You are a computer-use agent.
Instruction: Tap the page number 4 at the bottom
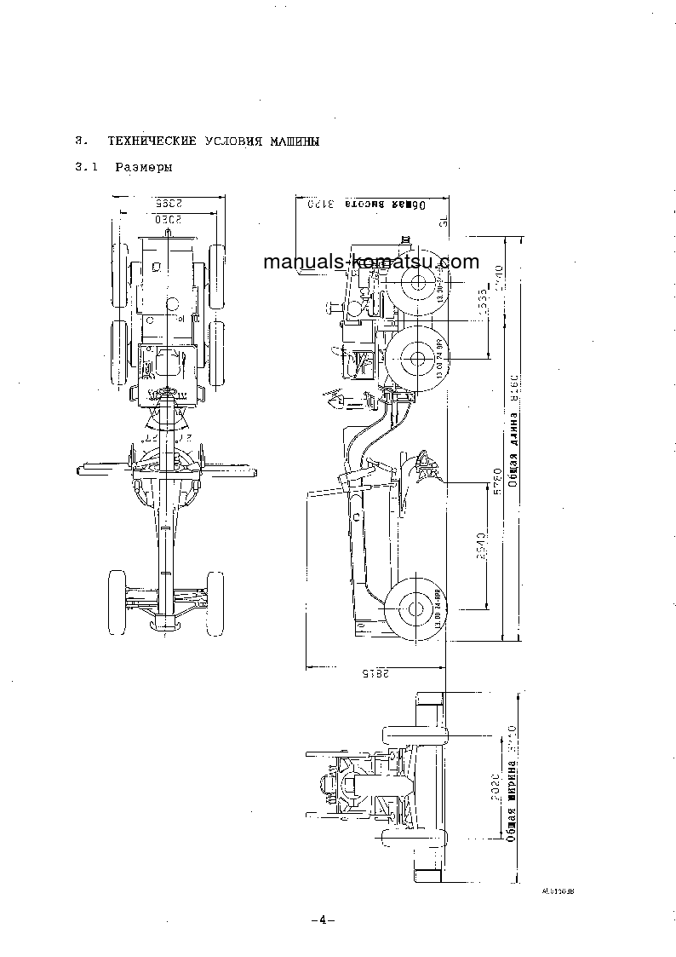(x=323, y=920)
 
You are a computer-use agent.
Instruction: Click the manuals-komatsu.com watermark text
(x=371, y=262)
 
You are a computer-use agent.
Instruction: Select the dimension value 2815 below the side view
(x=375, y=673)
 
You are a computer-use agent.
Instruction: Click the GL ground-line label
(x=444, y=222)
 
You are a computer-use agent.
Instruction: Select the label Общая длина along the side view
(x=513, y=460)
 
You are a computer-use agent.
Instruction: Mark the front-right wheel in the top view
(x=215, y=596)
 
